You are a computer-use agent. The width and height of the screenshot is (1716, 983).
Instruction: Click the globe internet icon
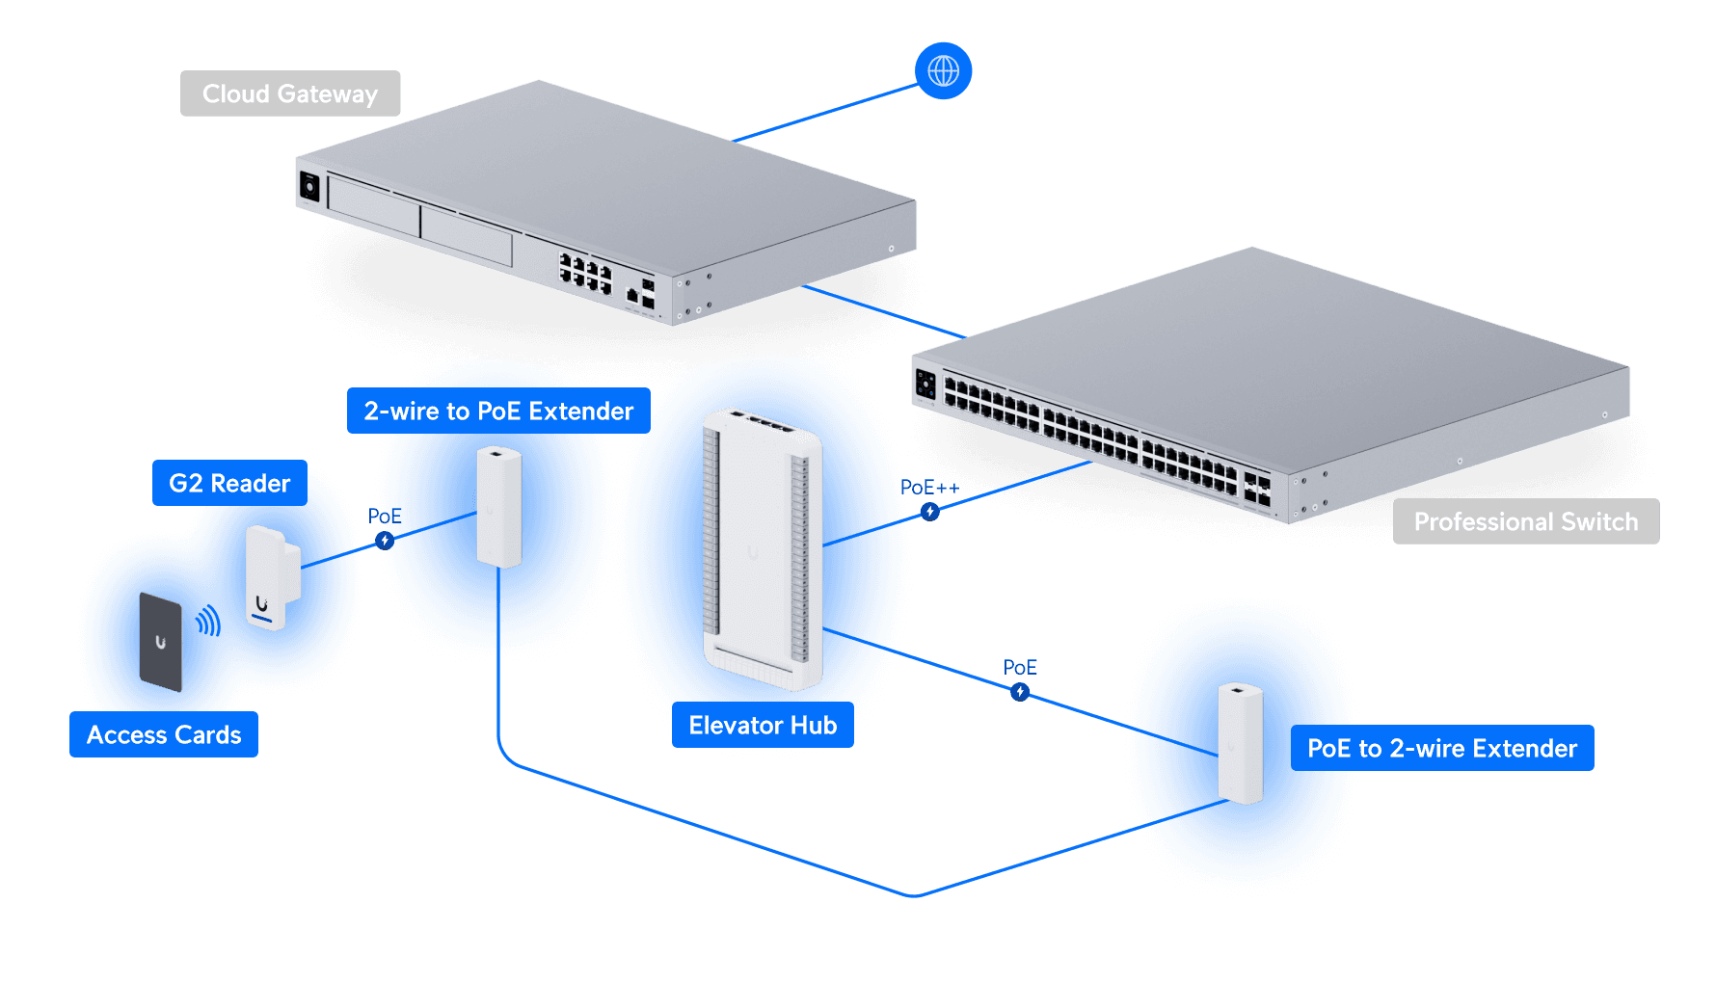[x=943, y=70]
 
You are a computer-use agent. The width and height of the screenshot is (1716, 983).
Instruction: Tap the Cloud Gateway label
[x=290, y=93]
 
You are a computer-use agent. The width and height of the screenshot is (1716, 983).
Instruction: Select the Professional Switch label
[x=1525, y=521]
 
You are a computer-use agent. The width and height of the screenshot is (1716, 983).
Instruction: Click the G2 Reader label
[x=229, y=483]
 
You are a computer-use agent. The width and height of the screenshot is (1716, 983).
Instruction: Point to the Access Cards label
[x=164, y=734]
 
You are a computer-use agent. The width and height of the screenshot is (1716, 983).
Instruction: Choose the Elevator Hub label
[x=763, y=725]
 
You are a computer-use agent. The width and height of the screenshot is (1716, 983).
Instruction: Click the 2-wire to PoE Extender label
[x=498, y=411]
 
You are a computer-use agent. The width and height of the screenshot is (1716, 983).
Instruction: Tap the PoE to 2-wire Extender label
[x=1441, y=748]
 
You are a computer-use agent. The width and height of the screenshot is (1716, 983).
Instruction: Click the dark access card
[x=161, y=642]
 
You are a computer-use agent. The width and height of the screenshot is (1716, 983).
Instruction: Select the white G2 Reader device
[x=272, y=577]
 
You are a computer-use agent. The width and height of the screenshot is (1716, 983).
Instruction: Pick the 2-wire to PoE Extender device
[x=498, y=507]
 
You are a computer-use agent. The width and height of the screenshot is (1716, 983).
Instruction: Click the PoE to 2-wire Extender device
[x=1240, y=742]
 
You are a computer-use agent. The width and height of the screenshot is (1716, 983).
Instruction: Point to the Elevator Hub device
[x=763, y=549]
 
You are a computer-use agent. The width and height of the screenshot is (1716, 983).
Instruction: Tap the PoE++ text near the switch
[x=929, y=488]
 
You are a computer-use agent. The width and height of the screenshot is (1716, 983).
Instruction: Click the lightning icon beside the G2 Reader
[x=385, y=541]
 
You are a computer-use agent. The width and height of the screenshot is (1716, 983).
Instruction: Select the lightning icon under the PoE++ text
[x=929, y=512]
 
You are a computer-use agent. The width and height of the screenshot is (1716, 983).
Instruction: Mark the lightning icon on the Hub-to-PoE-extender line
[x=1020, y=692]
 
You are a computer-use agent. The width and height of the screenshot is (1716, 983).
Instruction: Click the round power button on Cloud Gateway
[x=309, y=185]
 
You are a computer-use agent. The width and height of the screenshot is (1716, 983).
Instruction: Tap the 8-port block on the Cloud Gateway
[x=585, y=272]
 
